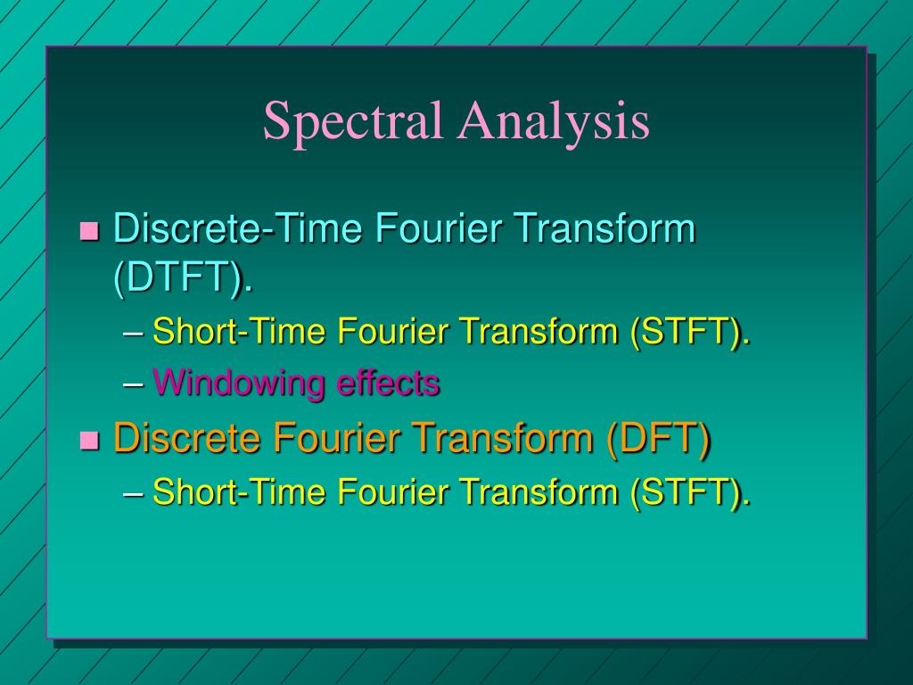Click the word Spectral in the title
click(352, 122)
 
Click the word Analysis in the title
click(554, 122)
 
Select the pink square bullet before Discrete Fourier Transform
click(89, 440)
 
